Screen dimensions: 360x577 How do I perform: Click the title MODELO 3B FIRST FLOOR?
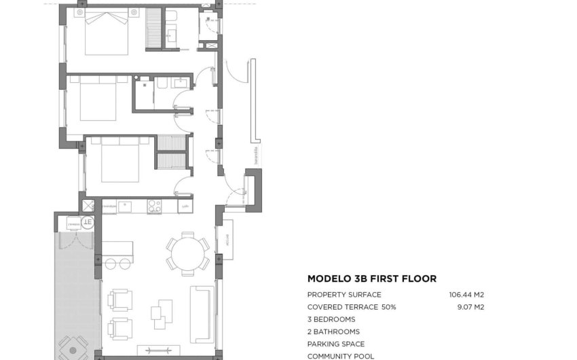coord(371,278)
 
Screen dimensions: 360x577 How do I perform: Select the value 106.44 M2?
coord(466,295)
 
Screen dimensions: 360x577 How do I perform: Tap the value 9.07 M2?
coord(470,307)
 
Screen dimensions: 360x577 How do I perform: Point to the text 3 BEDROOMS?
coord(331,319)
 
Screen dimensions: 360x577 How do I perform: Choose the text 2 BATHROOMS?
coord(333,331)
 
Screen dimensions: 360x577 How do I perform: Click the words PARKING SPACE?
coord(336,344)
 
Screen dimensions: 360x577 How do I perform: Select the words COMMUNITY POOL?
coord(340,356)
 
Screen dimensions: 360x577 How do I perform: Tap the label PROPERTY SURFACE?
coord(344,295)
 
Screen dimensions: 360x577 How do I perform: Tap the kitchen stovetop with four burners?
coord(154,206)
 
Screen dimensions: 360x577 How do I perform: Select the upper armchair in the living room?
coord(120,300)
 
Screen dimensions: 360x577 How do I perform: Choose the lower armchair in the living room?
coord(120,329)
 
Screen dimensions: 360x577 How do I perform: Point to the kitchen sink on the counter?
coord(126,206)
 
